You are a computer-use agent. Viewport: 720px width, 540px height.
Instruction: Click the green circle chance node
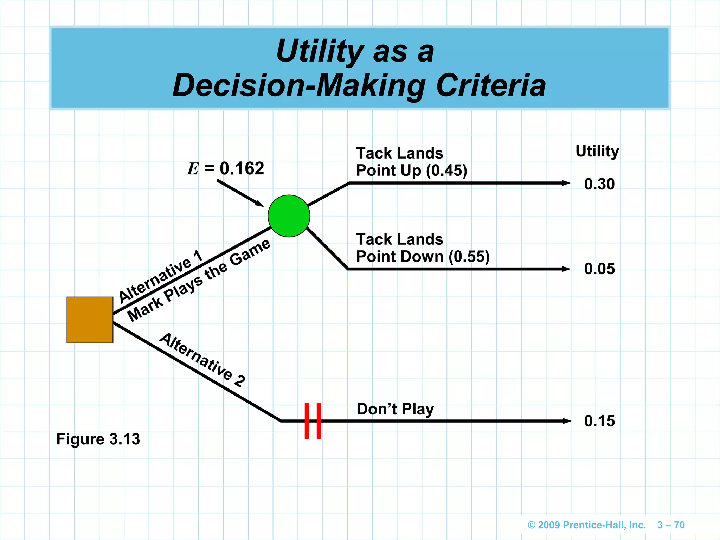289,216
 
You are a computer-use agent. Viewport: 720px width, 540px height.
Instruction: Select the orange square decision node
90,320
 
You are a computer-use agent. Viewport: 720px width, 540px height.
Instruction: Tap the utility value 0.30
599,184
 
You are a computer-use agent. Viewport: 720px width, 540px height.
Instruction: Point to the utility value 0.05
599,269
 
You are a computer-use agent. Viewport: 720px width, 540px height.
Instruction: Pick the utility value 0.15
599,421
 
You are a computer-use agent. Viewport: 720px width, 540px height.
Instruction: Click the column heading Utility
597,151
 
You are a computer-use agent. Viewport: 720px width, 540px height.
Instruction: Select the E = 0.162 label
225,169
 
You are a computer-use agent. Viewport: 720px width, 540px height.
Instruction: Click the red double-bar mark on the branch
313,421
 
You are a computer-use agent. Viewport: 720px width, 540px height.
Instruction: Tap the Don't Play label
395,410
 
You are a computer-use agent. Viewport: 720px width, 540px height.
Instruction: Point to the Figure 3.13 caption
98,439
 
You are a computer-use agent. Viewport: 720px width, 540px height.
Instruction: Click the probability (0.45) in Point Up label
446,171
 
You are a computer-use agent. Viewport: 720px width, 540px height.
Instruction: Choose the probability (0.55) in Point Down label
469,257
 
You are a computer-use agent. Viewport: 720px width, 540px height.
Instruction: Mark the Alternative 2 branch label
202,360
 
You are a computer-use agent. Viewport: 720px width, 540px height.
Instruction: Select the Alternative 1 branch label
161,276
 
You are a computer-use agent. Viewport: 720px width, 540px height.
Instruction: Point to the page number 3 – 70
671,525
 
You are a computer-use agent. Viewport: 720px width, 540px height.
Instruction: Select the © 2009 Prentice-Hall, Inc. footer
587,525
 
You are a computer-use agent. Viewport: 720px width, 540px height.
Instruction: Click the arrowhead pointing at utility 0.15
567,421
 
